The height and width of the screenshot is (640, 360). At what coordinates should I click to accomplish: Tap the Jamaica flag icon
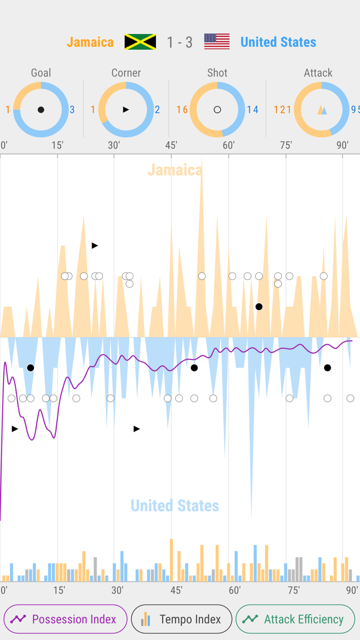pyautogui.click(x=140, y=42)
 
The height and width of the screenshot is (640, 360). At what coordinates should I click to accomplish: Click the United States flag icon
pyautogui.click(x=217, y=42)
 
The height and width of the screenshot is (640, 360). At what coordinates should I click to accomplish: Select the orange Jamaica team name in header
pyautogui.click(x=91, y=42)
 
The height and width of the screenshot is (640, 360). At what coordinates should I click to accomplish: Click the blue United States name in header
pyautogui.click(x=278, y=42)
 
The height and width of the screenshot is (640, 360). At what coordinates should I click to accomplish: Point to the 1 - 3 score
pyautogui.click(x=179, y=42)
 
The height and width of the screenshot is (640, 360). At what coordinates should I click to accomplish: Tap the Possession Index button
pyautogui.click(x=65, y=619)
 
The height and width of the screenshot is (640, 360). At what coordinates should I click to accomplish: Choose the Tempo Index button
pyautogui.click(x=182, y=619)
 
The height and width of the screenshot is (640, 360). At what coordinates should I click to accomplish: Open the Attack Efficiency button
pyautogui.click(x=295, y=619)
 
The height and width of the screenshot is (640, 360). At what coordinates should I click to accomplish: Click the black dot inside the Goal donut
pyautogui.click(x=41, y=110)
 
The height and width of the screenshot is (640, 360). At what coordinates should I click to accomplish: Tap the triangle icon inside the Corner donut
pyautogui.click(x=126, y=110)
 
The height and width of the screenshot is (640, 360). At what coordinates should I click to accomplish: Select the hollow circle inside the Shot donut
pyautogui.click(x=217, y=110)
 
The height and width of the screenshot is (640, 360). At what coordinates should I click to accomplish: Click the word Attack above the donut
pyautogui.click(x=318, y=73)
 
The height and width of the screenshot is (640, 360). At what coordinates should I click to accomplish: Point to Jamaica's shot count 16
pyautogui.click(x=182, y=110)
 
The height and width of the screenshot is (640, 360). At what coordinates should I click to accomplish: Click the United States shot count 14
pyautogui.click(x=253, y=110)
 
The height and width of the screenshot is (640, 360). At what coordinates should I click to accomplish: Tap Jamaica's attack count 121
pyautogui.click(x=282, y=110)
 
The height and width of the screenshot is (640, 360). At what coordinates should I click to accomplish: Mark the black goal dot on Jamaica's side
pyautogui.click(x=259, y=307)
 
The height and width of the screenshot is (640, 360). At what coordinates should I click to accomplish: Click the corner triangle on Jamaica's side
pyautogui.click(x=95, y=245)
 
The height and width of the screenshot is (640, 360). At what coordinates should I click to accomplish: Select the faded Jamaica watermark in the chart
pyautogui.click(x=175, y=170)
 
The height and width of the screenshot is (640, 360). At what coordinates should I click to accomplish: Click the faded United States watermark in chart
pyautogui.click(x=175, y=506)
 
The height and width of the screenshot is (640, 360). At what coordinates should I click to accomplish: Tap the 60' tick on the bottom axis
pyautogui.click(x=235, y=590)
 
